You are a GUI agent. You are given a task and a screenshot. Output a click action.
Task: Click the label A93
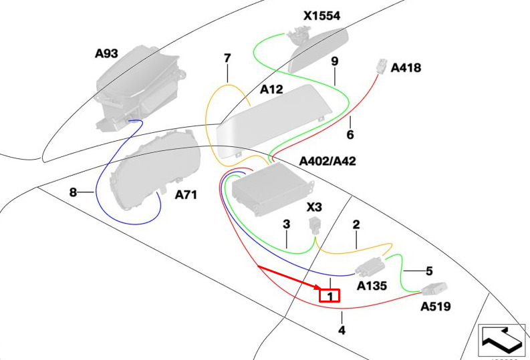[x=106, y=53]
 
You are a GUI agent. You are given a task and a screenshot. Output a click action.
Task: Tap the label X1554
[x=321, y=16]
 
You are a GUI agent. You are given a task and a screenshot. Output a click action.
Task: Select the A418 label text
[x=406, y=68]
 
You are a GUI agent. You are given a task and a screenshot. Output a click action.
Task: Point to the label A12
[x=271, y=89]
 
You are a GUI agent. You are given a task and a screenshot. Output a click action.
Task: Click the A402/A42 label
[x=327, y=161]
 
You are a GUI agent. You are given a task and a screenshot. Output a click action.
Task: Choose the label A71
[x=186, y=195]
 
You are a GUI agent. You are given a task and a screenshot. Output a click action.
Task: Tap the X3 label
[x=314, y=207]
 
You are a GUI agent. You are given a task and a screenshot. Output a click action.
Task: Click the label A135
[x=372, y=286]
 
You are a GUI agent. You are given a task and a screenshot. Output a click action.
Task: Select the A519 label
[x=435, y=307]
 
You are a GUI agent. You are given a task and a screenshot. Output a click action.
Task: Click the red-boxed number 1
[x=330, y=296]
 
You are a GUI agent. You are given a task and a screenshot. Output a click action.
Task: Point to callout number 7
[x=227, y=58]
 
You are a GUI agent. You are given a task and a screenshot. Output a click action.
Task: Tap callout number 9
[x=335, y=61]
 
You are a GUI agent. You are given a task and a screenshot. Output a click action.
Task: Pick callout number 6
[x=350, y=135]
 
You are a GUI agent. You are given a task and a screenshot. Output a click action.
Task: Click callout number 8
[x=73, y=192]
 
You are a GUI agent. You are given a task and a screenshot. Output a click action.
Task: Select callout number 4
[x=342, y=330]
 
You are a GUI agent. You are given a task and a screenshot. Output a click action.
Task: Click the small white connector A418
[x=382, y=66]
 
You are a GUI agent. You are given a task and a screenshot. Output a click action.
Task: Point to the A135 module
[x=370, y=266]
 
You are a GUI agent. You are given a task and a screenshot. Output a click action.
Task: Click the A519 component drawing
[x=434, y=289]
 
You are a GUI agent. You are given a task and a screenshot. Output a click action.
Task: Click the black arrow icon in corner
[x=503, y=340]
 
